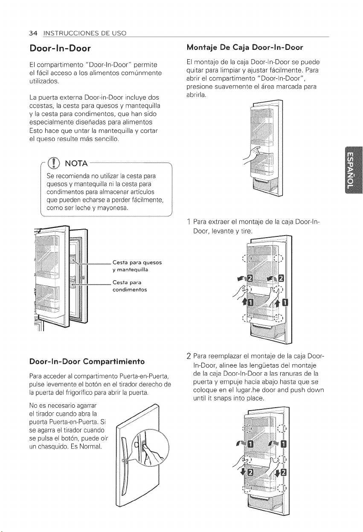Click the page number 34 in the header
point(33,33)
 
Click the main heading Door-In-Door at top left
point(60,49)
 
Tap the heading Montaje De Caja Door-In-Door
point(245,48)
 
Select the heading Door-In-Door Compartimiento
point(87,362)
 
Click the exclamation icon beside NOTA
point(54,163)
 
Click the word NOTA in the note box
point(76,164)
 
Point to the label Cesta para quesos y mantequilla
point(137,266)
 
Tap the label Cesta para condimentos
point(130,286)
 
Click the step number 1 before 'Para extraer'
point(189,222)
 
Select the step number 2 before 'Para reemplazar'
point(189,357)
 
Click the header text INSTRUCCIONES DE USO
point(85,33)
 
